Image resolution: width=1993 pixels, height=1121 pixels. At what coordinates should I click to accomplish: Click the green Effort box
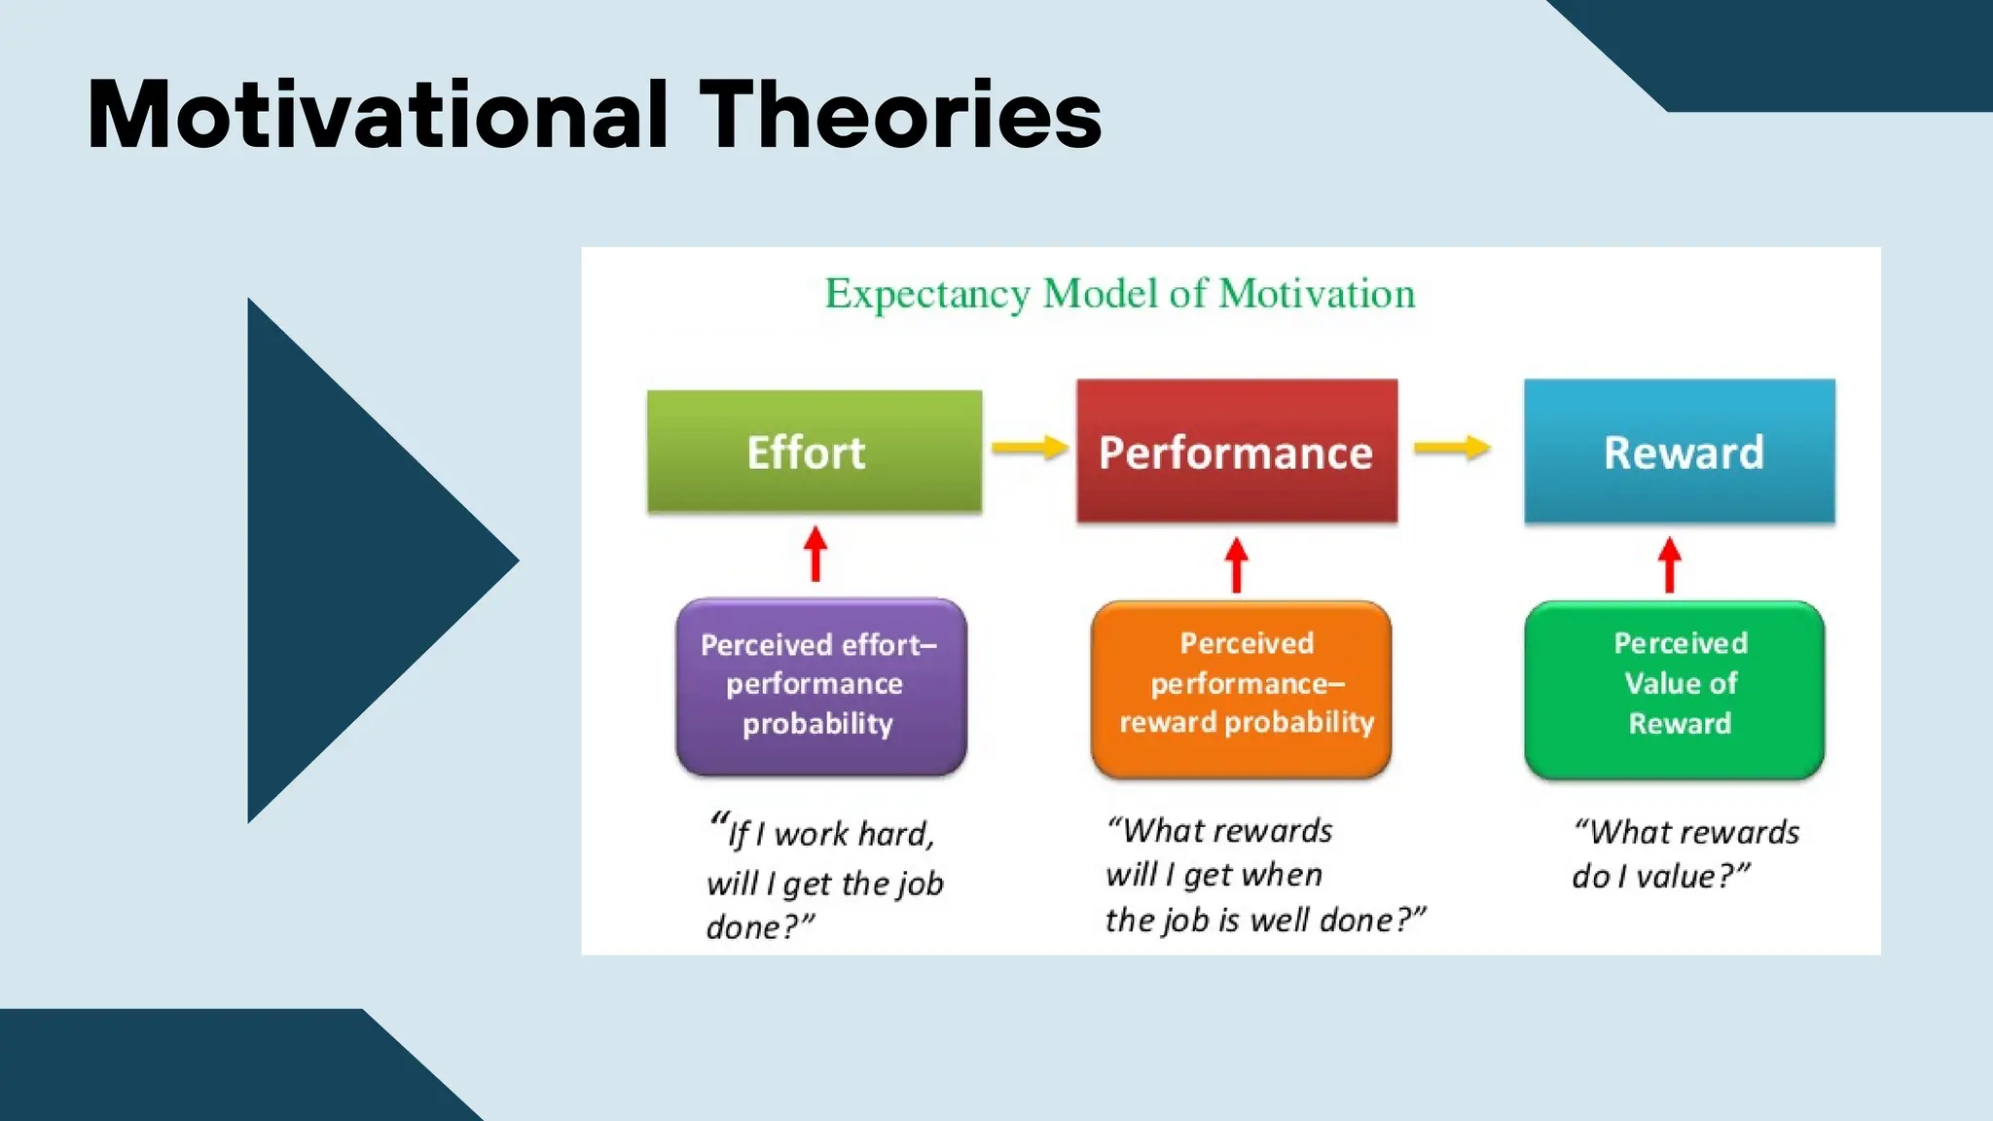point(814,452)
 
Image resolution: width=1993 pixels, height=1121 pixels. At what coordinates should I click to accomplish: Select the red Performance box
point(1236,452)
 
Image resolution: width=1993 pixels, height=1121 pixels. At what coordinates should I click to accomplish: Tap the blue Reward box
point(1680,452)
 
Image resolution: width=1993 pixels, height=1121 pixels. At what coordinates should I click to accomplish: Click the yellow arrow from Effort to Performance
point(1030,448)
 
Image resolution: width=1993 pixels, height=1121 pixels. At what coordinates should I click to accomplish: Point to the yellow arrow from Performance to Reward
point(1452,448)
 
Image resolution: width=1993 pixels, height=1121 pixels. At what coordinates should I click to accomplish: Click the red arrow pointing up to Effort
point(815,555)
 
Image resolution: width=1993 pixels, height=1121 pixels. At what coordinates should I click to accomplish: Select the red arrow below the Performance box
point(1236,565)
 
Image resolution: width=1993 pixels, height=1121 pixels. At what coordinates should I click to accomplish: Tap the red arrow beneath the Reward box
point(1670,565)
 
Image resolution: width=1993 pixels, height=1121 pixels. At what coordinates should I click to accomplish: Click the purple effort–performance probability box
point(820,687)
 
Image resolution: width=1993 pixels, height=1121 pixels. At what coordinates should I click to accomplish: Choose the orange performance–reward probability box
point(1241,689)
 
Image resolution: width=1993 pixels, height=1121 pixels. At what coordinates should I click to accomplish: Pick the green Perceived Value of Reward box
point(1674,689)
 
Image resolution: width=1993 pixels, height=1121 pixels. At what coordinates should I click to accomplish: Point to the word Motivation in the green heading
point(1317,294)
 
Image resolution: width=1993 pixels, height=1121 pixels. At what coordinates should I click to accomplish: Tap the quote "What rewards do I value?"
point(1685,853)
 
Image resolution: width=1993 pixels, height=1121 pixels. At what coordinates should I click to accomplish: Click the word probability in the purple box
point(817,724)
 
